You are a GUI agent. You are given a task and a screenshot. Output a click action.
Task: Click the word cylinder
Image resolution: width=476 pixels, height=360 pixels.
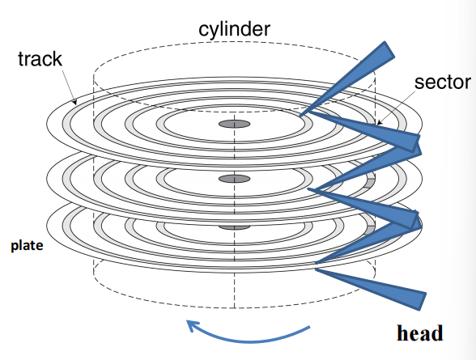click(x=234, y=30)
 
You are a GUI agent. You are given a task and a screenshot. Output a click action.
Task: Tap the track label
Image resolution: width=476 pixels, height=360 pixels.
click(x=40, y=59)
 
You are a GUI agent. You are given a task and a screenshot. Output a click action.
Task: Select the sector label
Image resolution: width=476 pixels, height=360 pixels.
click(x=442, y=83)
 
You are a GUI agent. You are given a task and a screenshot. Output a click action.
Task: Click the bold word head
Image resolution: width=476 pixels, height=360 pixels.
click(x=420, y=333)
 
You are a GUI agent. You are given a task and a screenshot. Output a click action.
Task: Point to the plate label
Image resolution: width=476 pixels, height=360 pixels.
click(x=27, y=246)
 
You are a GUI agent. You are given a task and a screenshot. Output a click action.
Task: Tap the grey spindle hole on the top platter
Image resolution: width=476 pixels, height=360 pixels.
click(x=235, y=124)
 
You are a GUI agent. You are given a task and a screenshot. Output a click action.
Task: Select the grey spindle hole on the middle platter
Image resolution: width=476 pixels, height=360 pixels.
click(x=235, y=179)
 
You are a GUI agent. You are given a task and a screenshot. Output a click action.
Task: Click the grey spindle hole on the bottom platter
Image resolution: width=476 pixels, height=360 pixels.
click(x=235, y=227)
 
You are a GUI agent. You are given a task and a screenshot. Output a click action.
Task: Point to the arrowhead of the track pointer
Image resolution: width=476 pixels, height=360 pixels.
click(x=74, y=102)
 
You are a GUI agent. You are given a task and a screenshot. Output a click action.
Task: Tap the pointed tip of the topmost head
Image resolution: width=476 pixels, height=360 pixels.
click(x=300, y=116)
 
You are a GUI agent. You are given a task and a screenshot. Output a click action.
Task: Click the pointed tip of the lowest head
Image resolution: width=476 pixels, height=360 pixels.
click(x=316, y=269)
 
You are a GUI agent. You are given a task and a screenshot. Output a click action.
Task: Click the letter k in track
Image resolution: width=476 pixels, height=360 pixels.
click(x=57, y=58)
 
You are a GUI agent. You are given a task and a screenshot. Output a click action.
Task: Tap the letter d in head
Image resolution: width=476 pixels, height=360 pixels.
click(x=437, y=333)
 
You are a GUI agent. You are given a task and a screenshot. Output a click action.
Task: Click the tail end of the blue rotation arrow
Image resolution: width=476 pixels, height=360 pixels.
click(x=309, y=327)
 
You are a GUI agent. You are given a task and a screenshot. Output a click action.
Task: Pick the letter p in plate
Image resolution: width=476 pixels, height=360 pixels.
click(x=15, y=247)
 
